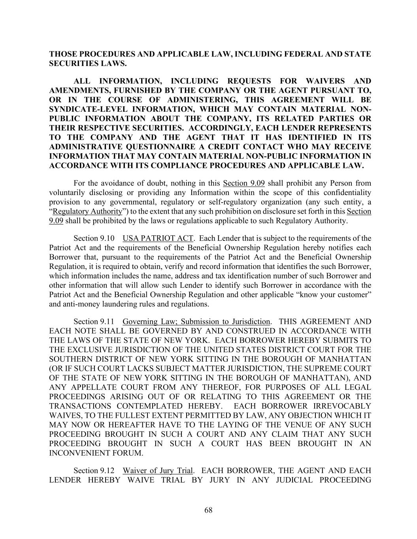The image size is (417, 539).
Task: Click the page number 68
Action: tap(208, 510)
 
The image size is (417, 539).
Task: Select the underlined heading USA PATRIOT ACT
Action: tap(158, 238)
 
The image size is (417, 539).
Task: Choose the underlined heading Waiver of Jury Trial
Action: tap(158, 471)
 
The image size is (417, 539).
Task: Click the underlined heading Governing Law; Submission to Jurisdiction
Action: tap(196, 321)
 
